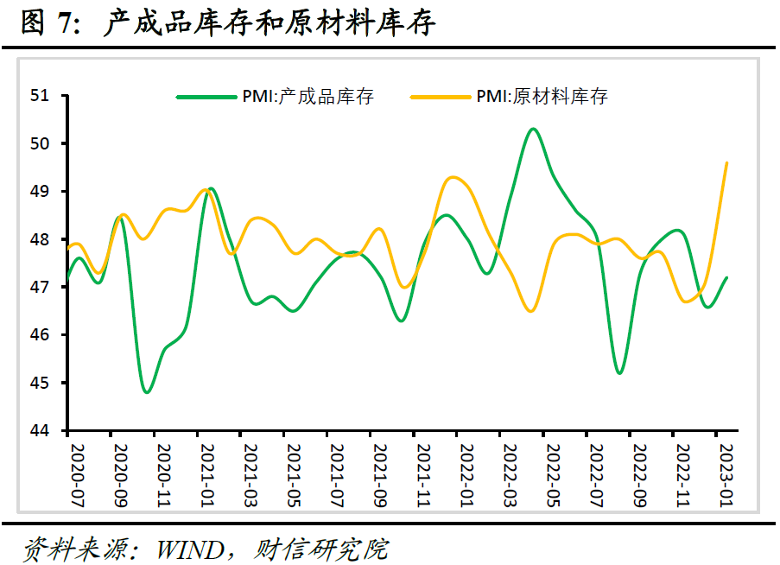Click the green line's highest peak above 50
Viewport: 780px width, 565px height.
pos(533,129)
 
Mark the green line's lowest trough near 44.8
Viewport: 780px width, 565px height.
pos(147,392)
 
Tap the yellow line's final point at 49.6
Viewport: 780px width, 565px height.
pos(727,162)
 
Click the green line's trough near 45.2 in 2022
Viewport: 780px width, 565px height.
pos(619,373)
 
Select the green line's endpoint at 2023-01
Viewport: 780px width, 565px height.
pos(727,277)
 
